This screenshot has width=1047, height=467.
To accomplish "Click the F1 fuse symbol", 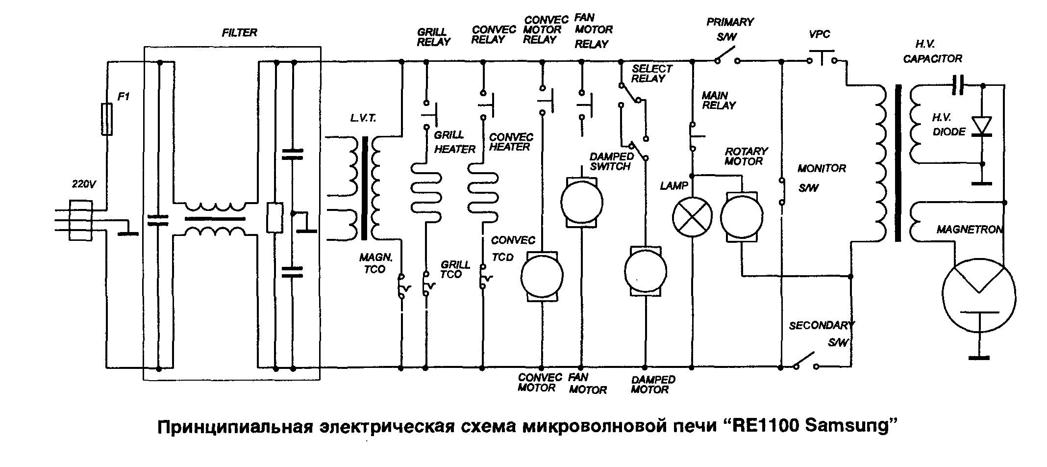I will click(x=106, y=119).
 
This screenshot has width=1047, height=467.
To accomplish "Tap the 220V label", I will click(x=84, y=184).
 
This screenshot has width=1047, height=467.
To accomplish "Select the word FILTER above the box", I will click(x=239, y=33).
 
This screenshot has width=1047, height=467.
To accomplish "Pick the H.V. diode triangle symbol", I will click(x=982, y=126).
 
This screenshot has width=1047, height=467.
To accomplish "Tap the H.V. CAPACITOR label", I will click(x=932, y=52).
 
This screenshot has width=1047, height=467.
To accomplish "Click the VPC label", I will click(x=820, y=34).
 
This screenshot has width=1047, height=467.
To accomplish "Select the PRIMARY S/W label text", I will click(x=729, y=29).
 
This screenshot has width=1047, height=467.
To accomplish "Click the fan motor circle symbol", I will click(x=581, y=202).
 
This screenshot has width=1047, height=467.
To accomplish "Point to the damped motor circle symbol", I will click(x=645, y=270).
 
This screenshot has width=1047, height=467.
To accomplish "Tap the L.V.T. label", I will click(x=363, y=119).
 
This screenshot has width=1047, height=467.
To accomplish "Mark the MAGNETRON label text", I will click(x=970, y=230).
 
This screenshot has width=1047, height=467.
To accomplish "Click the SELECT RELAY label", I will click(x=651, y=74).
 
